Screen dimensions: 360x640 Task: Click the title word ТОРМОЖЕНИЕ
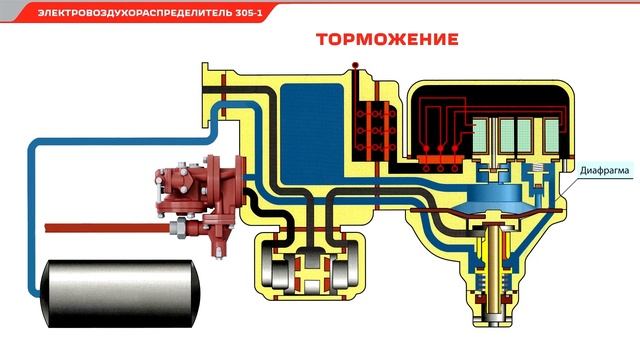click(x=387, y=40)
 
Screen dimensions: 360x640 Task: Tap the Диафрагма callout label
click(x=604, y=171)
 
